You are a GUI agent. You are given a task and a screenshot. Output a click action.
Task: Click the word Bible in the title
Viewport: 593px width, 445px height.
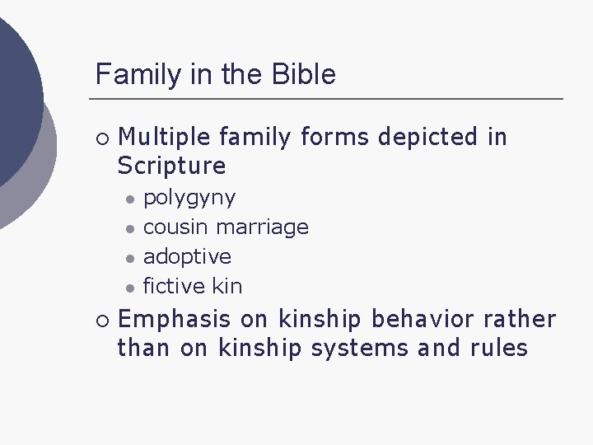pyautogui.click(x=305, y=75)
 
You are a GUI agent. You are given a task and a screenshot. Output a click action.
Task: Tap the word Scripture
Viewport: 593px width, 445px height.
pyautogui.click(x=171, y=166)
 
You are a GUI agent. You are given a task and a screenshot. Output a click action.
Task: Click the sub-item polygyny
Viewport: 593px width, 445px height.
pyautogui.click(x=189, y=199)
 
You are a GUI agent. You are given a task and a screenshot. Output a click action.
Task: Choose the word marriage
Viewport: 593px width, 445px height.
pyautogui.click(x=263, y=227)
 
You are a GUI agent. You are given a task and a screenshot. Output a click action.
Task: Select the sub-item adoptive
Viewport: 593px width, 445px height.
pyautogui.click(x=187, y=256)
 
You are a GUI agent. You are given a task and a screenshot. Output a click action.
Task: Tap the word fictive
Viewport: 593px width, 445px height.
pyautogui.click(x=174, y=286)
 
